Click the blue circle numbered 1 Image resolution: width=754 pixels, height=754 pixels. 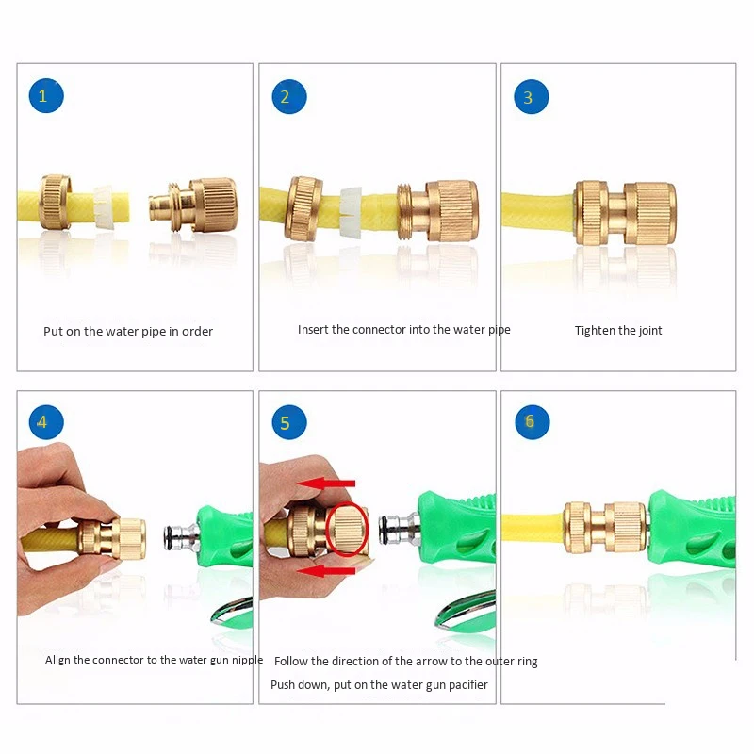click(46, 96)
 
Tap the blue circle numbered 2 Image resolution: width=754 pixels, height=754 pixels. click(289, 97)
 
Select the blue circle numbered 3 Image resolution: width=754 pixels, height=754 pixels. click(531, 97)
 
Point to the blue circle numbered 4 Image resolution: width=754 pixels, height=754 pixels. click(46, 422)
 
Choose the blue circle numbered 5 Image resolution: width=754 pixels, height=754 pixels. click(289, 422)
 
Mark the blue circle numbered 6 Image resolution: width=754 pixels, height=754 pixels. click(532, 421)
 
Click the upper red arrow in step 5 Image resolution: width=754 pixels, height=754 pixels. click(325, 484)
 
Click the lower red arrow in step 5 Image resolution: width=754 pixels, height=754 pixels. click(325, 571)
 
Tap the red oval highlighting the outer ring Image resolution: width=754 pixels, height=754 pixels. click(326, 529)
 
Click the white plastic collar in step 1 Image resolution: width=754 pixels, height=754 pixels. click(104, 206)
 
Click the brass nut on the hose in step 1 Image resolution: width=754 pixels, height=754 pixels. click(55, 203)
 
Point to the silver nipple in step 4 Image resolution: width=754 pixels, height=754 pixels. click(181, 537)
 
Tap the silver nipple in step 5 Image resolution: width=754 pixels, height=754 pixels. click(398, 529)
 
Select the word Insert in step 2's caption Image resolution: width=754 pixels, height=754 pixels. click(313, 329)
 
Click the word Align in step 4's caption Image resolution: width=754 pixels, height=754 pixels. click(57, 661)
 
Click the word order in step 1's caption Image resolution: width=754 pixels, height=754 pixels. click(197, 332)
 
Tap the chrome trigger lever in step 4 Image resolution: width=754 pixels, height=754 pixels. click(231, 611)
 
